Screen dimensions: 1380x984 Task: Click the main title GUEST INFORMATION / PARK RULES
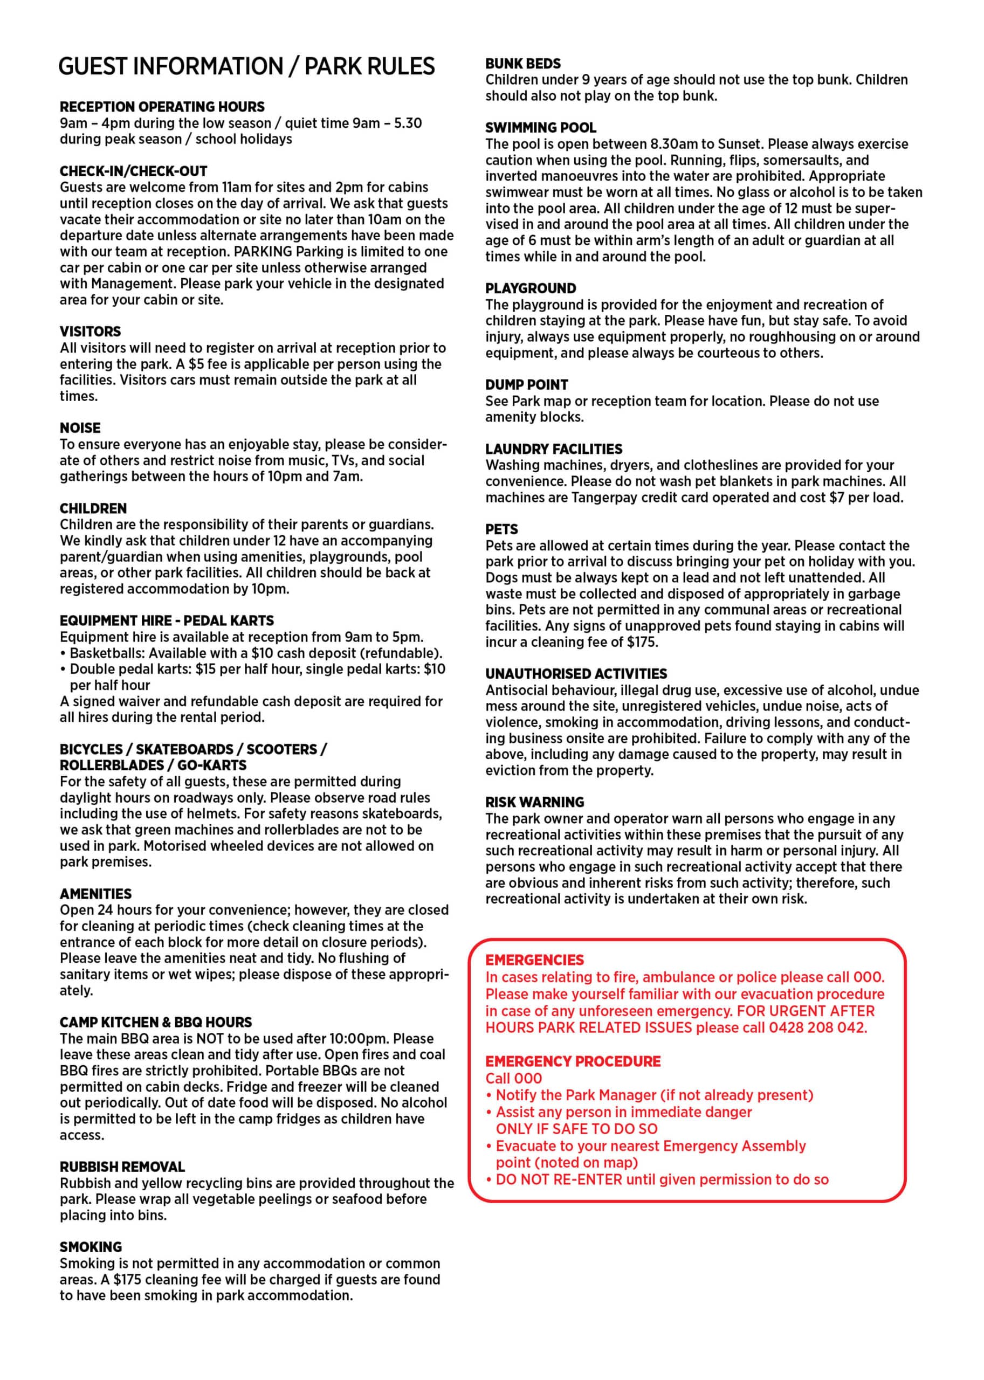[x=246, y=66]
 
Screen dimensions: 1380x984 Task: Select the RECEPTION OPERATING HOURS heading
[x=162, y=107]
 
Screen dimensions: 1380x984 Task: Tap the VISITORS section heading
[x=90, y=332]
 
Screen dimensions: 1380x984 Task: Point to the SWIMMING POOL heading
[x=540, y=127]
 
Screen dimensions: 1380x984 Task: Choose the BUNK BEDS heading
[x=523, y=63]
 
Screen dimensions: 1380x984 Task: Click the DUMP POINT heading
[x=527, y=385]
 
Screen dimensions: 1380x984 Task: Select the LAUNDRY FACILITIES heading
[x=554, y=449]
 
